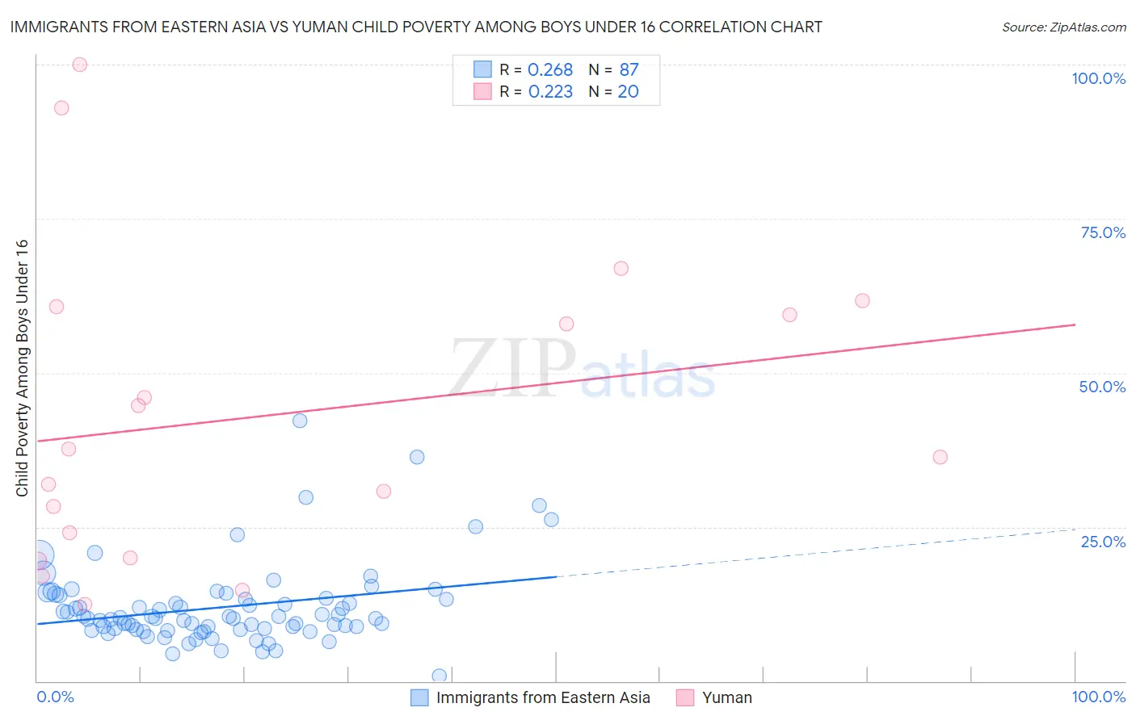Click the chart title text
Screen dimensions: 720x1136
pyautogui.click(x=416, y=27)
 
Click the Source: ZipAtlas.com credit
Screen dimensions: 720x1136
pyautogui.click(x=1063, y=27)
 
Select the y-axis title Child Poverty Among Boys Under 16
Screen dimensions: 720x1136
pyautogui.click(x=22, y=368)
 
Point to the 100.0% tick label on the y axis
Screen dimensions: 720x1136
pyautogui.click(x=1098, y=78)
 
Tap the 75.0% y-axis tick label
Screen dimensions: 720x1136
pyautogui.click(x=1103, y=232)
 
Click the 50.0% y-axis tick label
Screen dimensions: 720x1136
pyautogui.click(x=1102, y=387)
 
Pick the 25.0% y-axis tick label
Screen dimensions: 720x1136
pyautogui.click(x=1103, y=542)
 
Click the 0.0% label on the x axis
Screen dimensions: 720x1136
pyautogui.click(x=55, y=697)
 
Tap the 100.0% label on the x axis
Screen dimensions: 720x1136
pyautogui.click(x=1098, y=697)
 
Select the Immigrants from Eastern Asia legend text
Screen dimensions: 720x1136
pyautogui.click(x=543, y=697)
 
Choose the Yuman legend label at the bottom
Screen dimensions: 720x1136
pyautogui.click(x=726, y=697)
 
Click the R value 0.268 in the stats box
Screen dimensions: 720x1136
pyautogui.click(x=550, y=70)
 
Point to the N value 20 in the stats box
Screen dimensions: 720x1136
pyautogui.click(x=628, y=92)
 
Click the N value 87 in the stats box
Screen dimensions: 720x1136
pyautogui.click(x=629, y=70)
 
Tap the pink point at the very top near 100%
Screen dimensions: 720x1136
pyautogui.click(x=80, y=65)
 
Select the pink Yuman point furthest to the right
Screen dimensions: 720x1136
pyautogui.click(x=940, y=457)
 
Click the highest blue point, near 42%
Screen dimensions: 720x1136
pyautogui.click(x=300, y=421)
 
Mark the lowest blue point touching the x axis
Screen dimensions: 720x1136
pyautogui.click(x=440, y=676)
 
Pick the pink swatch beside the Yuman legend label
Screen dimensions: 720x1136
pyautogui.click(x=685, y=697)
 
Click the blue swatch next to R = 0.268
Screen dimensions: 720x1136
pyautogui.click(x=482, y=69)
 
